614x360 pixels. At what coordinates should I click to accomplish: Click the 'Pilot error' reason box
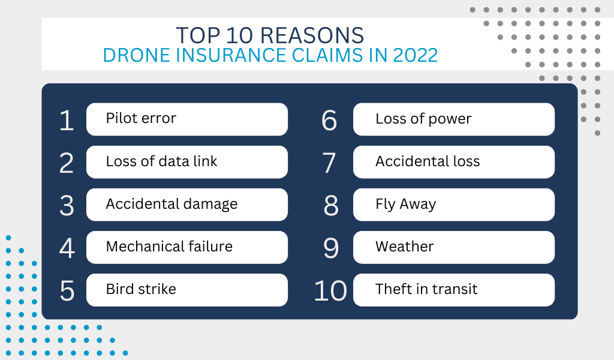[x=187, y=119]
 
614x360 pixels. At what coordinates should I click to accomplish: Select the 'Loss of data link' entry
[x=187, y=162]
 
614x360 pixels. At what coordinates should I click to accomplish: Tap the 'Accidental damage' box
[x=187, y=205]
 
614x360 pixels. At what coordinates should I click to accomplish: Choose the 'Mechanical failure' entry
[x=187, y=247]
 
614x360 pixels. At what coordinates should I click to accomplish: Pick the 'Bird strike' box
[x=187, y=290]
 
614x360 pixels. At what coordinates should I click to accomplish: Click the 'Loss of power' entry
[x=454, y=119]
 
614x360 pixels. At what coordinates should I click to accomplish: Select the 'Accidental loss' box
[x=454, y=162]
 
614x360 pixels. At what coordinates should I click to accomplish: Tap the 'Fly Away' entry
[x=454, y=205]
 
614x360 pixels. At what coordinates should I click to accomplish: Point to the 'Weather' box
[x=454, y=247]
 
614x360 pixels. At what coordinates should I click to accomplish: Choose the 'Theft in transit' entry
[x=454, y=290]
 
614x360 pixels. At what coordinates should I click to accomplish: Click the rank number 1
[x=67, y=120]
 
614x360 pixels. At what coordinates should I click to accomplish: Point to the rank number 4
[x=67, y=248]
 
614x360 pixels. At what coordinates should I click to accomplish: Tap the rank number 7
[x=329, y=163]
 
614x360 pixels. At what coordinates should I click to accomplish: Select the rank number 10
[x=330, y=291]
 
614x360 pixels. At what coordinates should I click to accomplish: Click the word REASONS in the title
[x=312, y=35]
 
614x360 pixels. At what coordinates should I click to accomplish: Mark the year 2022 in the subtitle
[x=416, y=55]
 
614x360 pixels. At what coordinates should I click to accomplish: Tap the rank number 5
[x=67, y=291]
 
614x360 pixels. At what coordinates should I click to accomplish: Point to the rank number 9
[x=331, y=248]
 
